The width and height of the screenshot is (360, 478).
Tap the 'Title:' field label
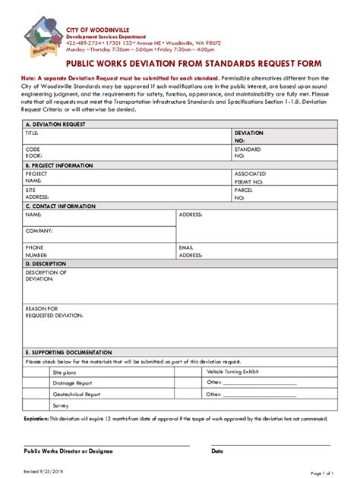pos(32,133)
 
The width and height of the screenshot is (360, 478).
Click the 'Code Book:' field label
pos(33,153)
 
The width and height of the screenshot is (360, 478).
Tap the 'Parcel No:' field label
pos(244,194)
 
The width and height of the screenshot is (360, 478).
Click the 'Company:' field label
pos(39,230)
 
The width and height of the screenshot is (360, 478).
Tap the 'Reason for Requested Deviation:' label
pos(52,312)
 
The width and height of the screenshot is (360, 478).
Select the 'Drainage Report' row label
pos(71,384)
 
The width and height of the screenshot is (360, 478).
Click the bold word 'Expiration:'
pos(36,418)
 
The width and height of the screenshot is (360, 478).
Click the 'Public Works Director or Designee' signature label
pos(68,451)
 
